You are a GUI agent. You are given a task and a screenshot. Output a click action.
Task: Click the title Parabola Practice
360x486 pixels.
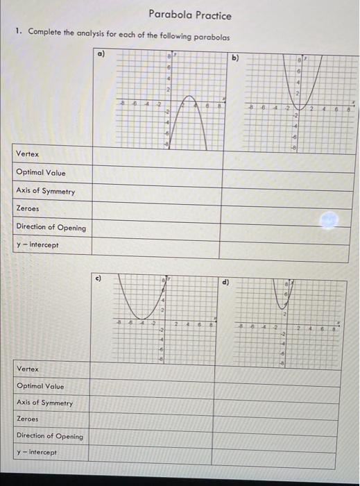point(189,15)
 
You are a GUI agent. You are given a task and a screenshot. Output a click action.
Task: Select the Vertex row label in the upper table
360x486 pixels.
point(28,154)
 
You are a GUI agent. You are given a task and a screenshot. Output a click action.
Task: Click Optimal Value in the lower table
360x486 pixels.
point(40,386)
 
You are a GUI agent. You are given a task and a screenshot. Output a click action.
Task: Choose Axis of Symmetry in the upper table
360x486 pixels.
point(46,191)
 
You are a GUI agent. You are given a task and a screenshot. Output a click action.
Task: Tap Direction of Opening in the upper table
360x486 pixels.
point(51,227)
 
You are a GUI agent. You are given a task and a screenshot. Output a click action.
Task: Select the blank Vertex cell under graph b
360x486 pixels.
point(290,154)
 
